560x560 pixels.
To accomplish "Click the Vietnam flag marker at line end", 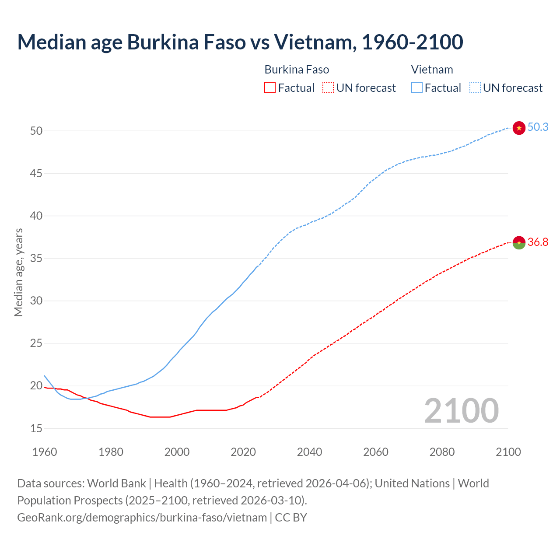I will pos(519,128).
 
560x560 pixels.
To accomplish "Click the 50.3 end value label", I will pos(538,127).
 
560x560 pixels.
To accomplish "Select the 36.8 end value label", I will pos(538,242).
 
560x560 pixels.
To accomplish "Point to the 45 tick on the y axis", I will pos(37,174).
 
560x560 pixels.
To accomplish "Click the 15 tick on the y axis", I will pos(37,429).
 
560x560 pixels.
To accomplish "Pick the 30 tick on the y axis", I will pos(37,301).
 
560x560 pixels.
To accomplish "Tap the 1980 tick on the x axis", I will pos(111,452).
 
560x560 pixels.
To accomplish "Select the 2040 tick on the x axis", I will pos(309,452).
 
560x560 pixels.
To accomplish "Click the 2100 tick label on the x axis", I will pos(508,452).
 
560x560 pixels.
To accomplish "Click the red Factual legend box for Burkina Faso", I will pos(270,88).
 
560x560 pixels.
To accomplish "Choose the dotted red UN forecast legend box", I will pos(328,88).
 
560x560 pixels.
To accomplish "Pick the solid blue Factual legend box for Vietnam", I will pos(416,88).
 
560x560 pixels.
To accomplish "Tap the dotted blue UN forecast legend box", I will pos(475,88).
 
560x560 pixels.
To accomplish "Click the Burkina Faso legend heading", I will pos(297,70).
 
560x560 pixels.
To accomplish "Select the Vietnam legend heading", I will pos(432,70).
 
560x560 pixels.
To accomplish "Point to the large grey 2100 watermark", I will pos(461,411).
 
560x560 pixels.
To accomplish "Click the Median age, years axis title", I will pos(18,272).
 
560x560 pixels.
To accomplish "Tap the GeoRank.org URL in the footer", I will pos(142,518).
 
